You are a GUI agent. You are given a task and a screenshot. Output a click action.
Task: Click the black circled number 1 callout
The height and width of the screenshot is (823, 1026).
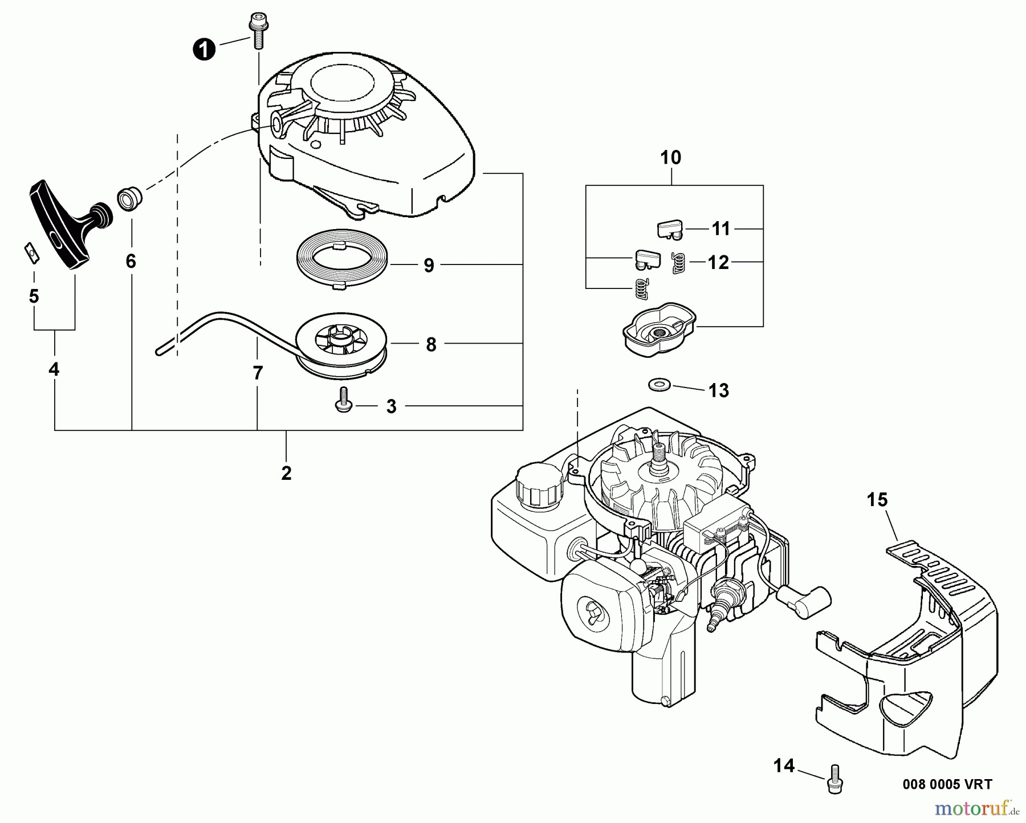[x=203, y=50]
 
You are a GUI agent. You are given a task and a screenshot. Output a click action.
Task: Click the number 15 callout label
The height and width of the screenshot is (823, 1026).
[x=877, y=500]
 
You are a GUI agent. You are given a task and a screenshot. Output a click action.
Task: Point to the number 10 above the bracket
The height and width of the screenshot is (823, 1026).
[x=671, y=157]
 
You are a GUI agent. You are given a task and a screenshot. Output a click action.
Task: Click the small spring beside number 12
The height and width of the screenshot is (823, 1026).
[x=678, y=263]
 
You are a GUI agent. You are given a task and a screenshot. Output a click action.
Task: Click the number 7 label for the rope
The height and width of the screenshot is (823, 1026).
[x=258, y=373]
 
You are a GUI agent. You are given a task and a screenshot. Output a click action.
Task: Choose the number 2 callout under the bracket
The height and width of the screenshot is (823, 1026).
[x=286, y=472]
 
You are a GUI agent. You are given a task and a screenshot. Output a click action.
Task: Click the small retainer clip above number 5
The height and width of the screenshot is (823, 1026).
[x=32, y=251]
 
